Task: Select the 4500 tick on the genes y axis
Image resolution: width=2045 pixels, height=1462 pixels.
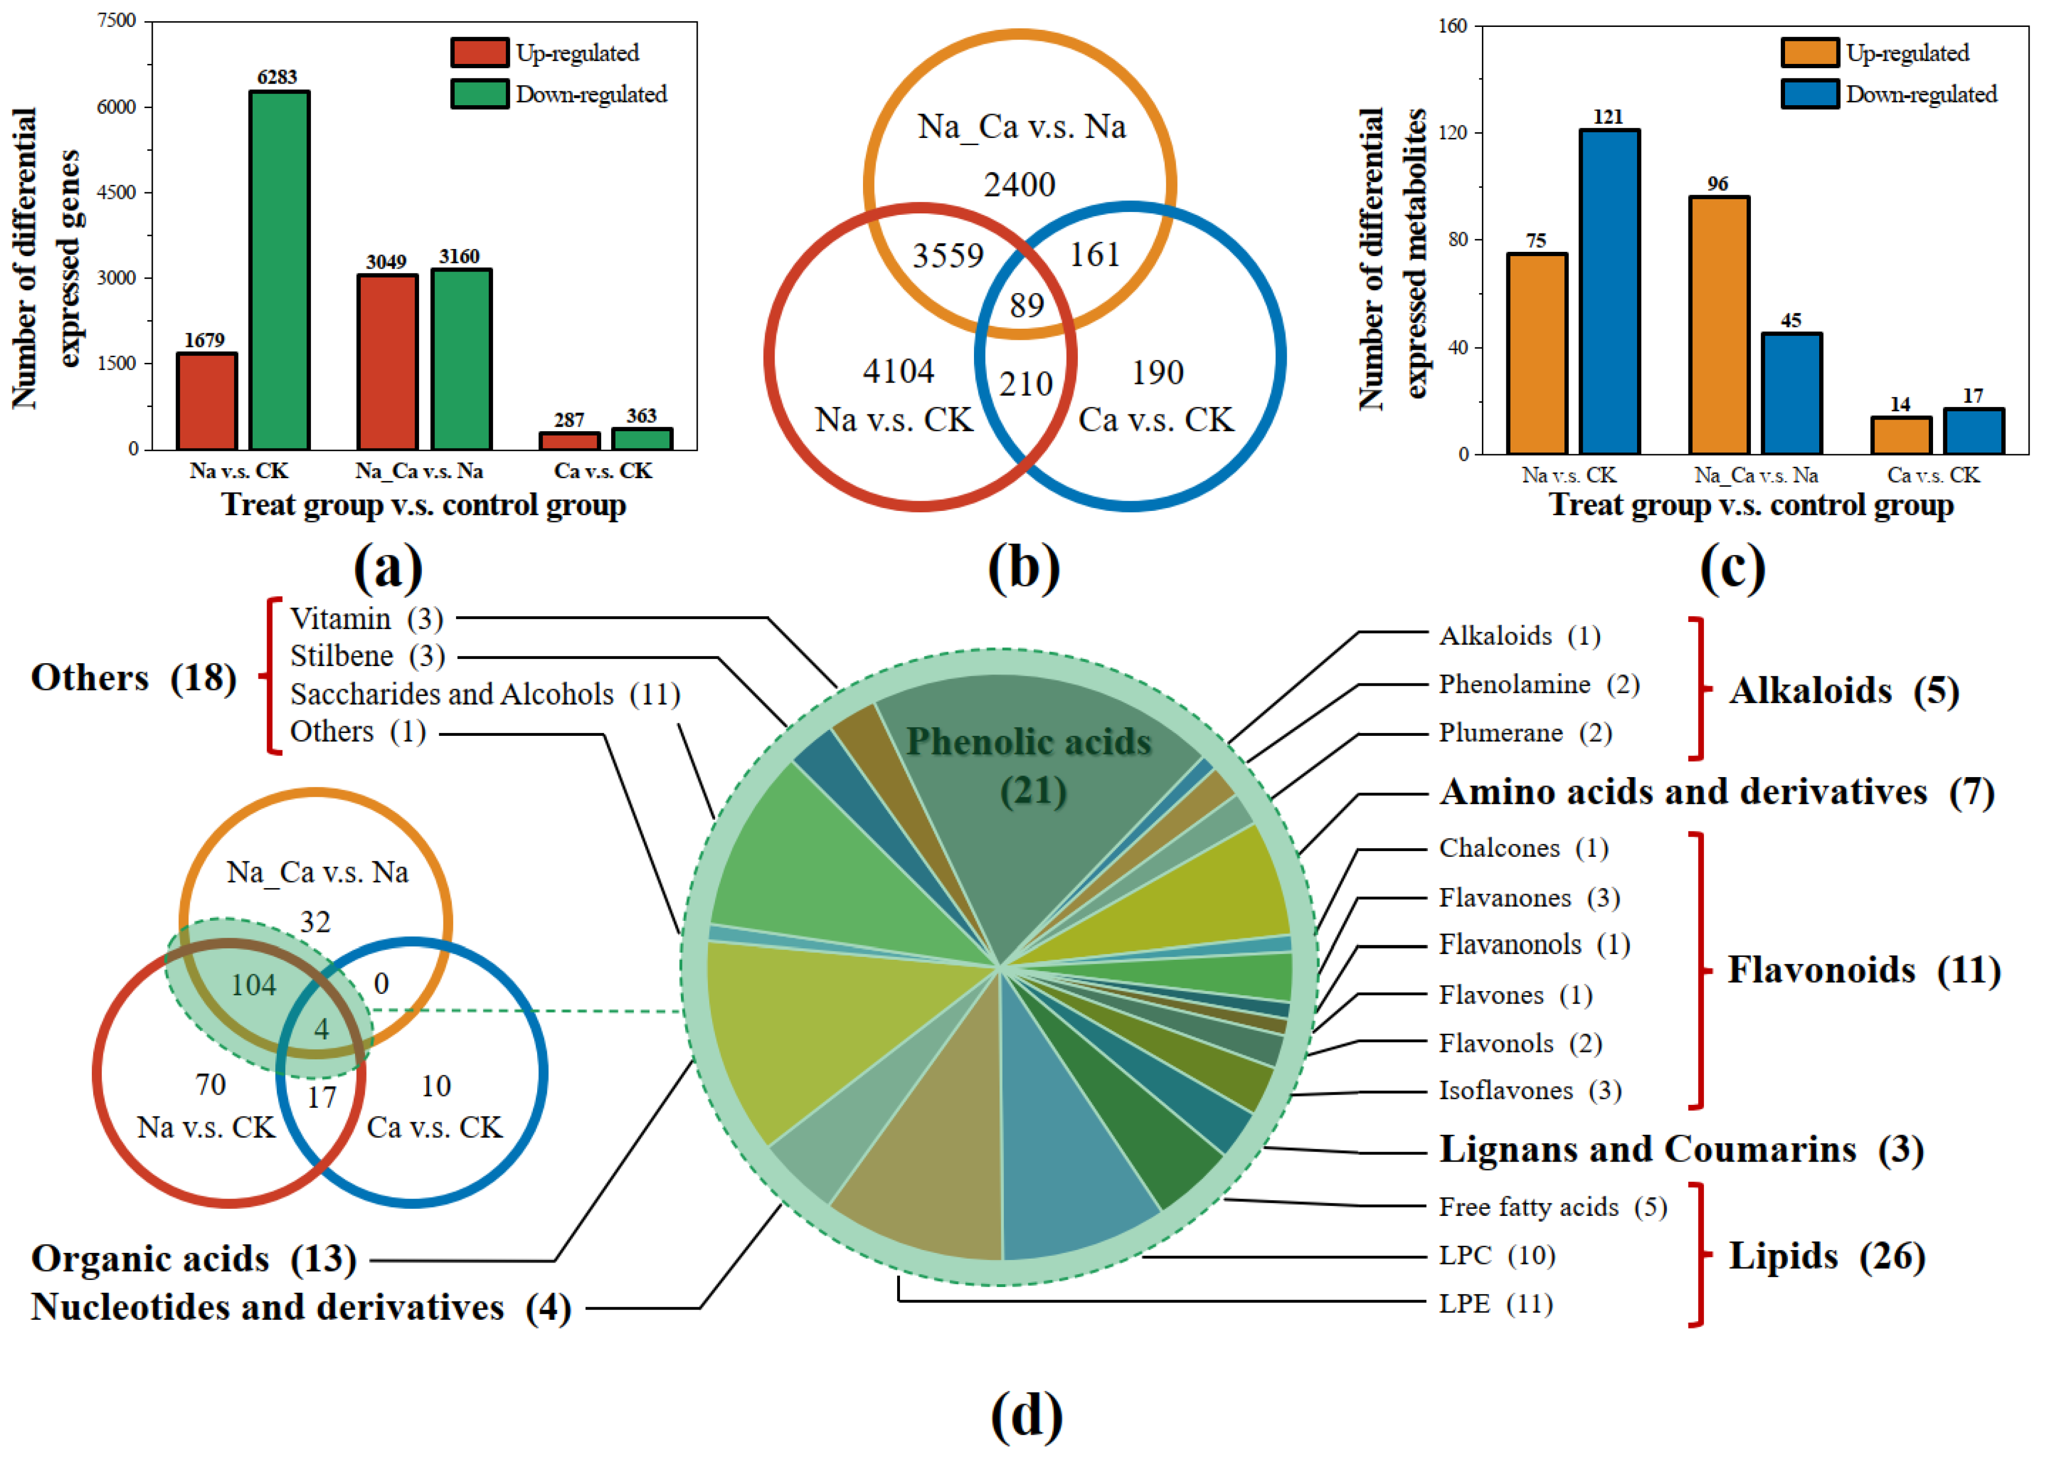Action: pyautogui.click(x=117, y=192)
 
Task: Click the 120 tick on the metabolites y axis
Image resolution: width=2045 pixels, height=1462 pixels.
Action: pyautogui.click(x=1452, y=132)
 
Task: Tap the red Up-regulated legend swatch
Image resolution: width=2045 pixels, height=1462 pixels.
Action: pyautogui.click(x=479, y=52)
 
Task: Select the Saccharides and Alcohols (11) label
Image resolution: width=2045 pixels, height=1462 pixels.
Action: pyautogui.click(x=484, y=694)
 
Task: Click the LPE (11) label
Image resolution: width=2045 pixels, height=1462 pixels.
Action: pyautogui.click(x=1495, y=1303)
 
